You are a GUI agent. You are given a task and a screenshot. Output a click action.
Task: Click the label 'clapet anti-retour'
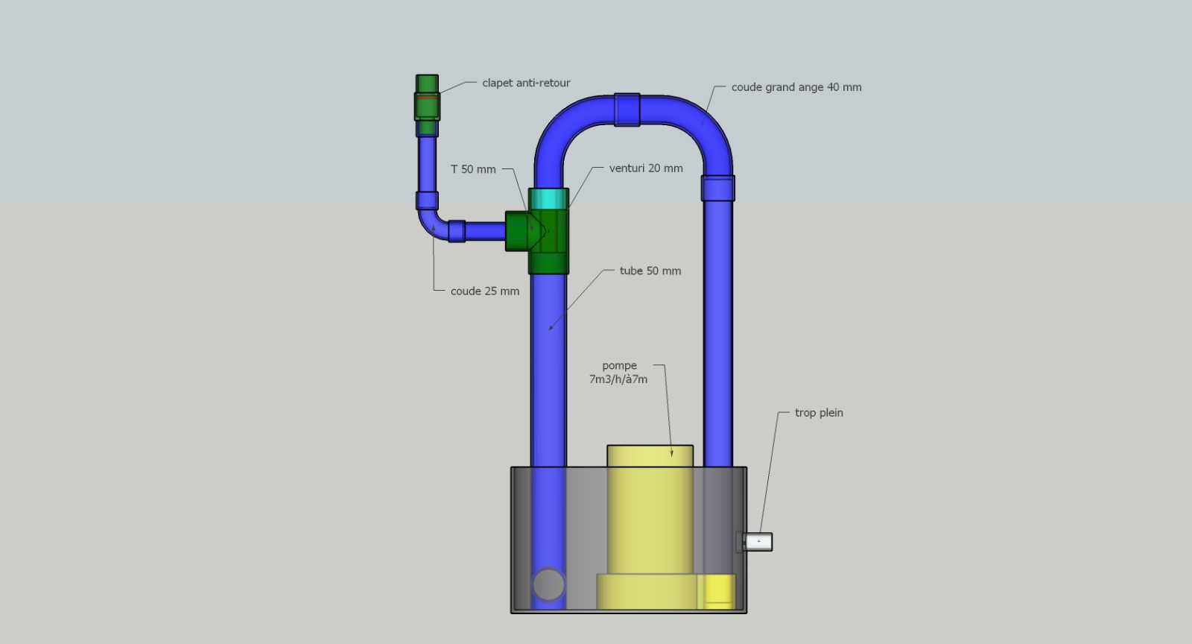pyautogui.click(x=526, y=83)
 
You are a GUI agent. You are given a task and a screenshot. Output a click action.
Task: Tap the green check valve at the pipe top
pyautogui.click(x=427, y=105)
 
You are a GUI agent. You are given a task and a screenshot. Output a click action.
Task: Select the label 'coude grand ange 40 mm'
pyautogui.click(x=796, y=87)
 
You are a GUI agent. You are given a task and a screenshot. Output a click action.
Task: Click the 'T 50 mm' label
pyautogui.click(x=473, y=169)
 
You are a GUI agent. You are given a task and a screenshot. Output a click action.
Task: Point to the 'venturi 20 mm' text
pyautogui.click(x=645, y=168)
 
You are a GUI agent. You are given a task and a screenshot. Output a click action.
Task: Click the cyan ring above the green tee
pyautogui.click(x=548, y=198)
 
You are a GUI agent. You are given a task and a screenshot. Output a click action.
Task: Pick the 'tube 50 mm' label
pyautogui.click(x=650, y=271)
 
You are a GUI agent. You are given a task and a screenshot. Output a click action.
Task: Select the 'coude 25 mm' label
pyautogui.click(x=485, y=291)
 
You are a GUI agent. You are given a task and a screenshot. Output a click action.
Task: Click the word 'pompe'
pyautogui.click(x=619, y=366)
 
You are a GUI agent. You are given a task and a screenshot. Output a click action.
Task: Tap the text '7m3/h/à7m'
pyautogui.click(x=618, y=379)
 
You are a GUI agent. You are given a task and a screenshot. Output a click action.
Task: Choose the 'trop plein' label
pyautogui.click(x=819, y=413)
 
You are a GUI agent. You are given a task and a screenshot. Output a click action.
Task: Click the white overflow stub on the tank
pyautogui.click(x=758, y=542)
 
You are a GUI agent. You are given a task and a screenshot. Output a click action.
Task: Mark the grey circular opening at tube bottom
pyautogui.click(x=548, y=584)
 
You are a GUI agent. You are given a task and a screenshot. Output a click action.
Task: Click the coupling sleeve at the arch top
pyautogui.click(x=627, y=110)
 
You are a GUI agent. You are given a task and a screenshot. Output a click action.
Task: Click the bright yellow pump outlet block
pyautogui.click(x=716, y=591)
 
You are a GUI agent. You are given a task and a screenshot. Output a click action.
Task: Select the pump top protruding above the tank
pyautogui.click(x=650, y=456)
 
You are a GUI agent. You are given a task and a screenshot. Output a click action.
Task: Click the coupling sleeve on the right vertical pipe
pyautogui.click(x=718, y=188)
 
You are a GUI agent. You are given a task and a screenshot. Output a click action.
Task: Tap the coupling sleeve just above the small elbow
pyautogui.click(x=427, y=201)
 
